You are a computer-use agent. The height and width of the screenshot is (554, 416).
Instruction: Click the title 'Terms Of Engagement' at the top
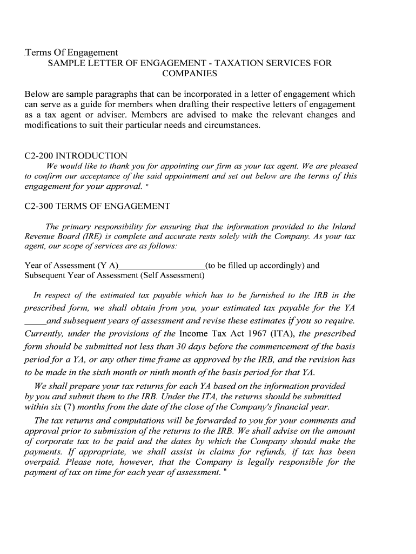click(x=71, y=52)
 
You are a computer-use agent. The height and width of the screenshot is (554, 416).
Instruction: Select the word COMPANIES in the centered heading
click(x=189, y=74)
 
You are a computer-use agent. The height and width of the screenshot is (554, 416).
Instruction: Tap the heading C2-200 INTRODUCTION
click(x=76, y=156)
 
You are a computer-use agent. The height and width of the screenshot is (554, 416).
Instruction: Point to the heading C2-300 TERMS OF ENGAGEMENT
click(x=97, y=206)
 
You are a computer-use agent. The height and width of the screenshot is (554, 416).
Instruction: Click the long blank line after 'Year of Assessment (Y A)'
click(x=162, y=266)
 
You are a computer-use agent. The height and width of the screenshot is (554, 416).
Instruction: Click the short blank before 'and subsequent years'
click(x=35, y=321)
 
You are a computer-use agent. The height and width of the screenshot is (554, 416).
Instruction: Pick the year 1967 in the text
click(x=245, y=333)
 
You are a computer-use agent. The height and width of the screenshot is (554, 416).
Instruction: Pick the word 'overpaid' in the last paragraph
click(x=43, y=462)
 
